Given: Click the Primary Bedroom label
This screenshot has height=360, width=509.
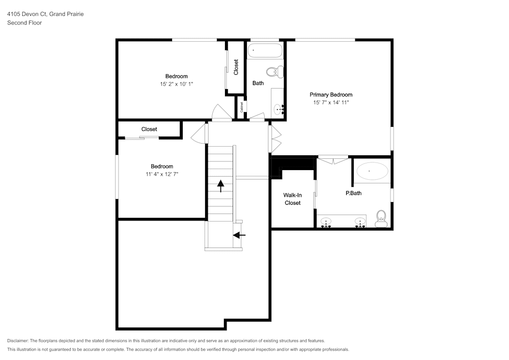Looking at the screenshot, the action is pyautogui.click(x=331, y=95).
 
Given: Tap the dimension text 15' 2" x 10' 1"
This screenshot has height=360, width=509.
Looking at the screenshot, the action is pyautogui.click(x=176, y=84).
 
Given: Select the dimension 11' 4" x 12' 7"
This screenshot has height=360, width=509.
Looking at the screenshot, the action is pyautogui.click(x=162, y=174).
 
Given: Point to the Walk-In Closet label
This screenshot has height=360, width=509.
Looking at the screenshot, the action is pyautogui.click(x=293, y=199).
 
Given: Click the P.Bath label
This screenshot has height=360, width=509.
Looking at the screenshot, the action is pyautogui.click(x=354, y=193).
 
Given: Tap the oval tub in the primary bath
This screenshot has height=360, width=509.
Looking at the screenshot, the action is pyautogui.click(x=373, y=171).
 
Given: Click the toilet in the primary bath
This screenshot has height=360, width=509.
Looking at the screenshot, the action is pyautogui.click(x=381, y=218).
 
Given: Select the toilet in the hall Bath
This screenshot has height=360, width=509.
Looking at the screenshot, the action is pyautogui.click(x=275, y=72).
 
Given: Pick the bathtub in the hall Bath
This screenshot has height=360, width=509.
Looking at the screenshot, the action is pyautogui.click(x=265, y=50).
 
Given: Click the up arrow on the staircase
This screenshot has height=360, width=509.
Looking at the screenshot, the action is pyautogui.click(x=221, y=186).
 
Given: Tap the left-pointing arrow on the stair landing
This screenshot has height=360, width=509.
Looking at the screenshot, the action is pyautogui.click(x=239, y=235).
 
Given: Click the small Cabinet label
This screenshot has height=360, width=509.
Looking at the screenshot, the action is pyautogui.click(x=241, y=107).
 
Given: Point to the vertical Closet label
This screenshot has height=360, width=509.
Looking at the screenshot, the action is pyautogui.click(x=236, y=67).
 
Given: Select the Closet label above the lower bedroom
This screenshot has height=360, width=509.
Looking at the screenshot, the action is pyautogui.click(x=149, y=129).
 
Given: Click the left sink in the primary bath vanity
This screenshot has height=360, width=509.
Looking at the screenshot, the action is pyautogui.click(x=326, y=223).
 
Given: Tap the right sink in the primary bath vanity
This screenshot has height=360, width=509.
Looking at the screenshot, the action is pyautogui.click(x=360, y=223).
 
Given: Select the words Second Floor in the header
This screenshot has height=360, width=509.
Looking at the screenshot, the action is pyautogui.click(x=24, y=23).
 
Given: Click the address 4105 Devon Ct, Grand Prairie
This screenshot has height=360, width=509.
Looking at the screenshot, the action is pyautogui.click(x=45, y=14).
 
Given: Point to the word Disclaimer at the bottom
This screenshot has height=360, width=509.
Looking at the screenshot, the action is pyautogui.click(x=18, y=341).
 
